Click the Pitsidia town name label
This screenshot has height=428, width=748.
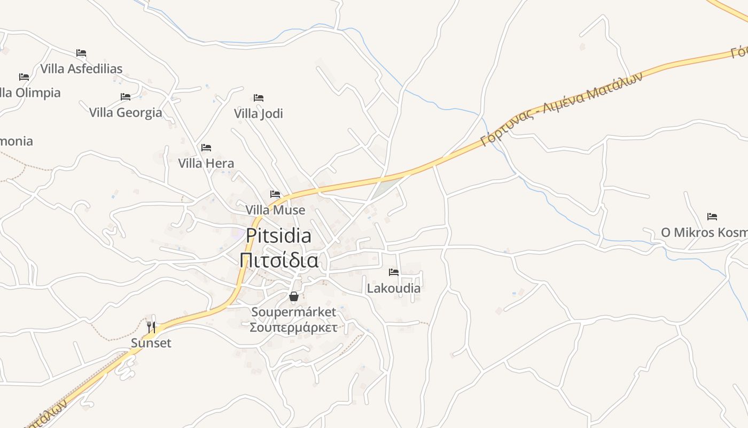(x=278, y=235)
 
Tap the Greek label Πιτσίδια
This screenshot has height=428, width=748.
(x=278, y=260)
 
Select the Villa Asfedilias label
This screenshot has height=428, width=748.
(x=81, y=68)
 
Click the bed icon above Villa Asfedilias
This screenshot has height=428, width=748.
(x=81, y=52)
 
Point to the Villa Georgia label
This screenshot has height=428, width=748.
(x=126, y=112)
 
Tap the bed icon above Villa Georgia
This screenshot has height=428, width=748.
(x=126, y=97)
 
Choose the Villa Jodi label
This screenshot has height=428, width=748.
(x=259, y=113)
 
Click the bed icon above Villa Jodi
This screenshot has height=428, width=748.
(x=259, y=98)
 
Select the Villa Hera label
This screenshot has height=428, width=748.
(x=206, y=163)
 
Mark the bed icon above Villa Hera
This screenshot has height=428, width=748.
(x=206, y=148)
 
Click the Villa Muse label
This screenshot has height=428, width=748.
(x=275, y=210)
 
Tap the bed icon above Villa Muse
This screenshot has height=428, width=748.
(x=275, y=194)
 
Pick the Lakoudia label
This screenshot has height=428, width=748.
(x=394, y=288)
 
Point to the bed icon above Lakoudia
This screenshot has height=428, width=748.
(x=394, y=272)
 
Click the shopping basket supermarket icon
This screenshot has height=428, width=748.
(x=293, y=296)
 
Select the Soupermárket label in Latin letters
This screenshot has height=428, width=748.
(x=293, y=312)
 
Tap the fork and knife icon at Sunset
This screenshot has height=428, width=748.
(x=151, y=327)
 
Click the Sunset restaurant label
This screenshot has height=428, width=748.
(x=151, y=343)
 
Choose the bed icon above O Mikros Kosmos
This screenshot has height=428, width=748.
(x=712, y=217)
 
